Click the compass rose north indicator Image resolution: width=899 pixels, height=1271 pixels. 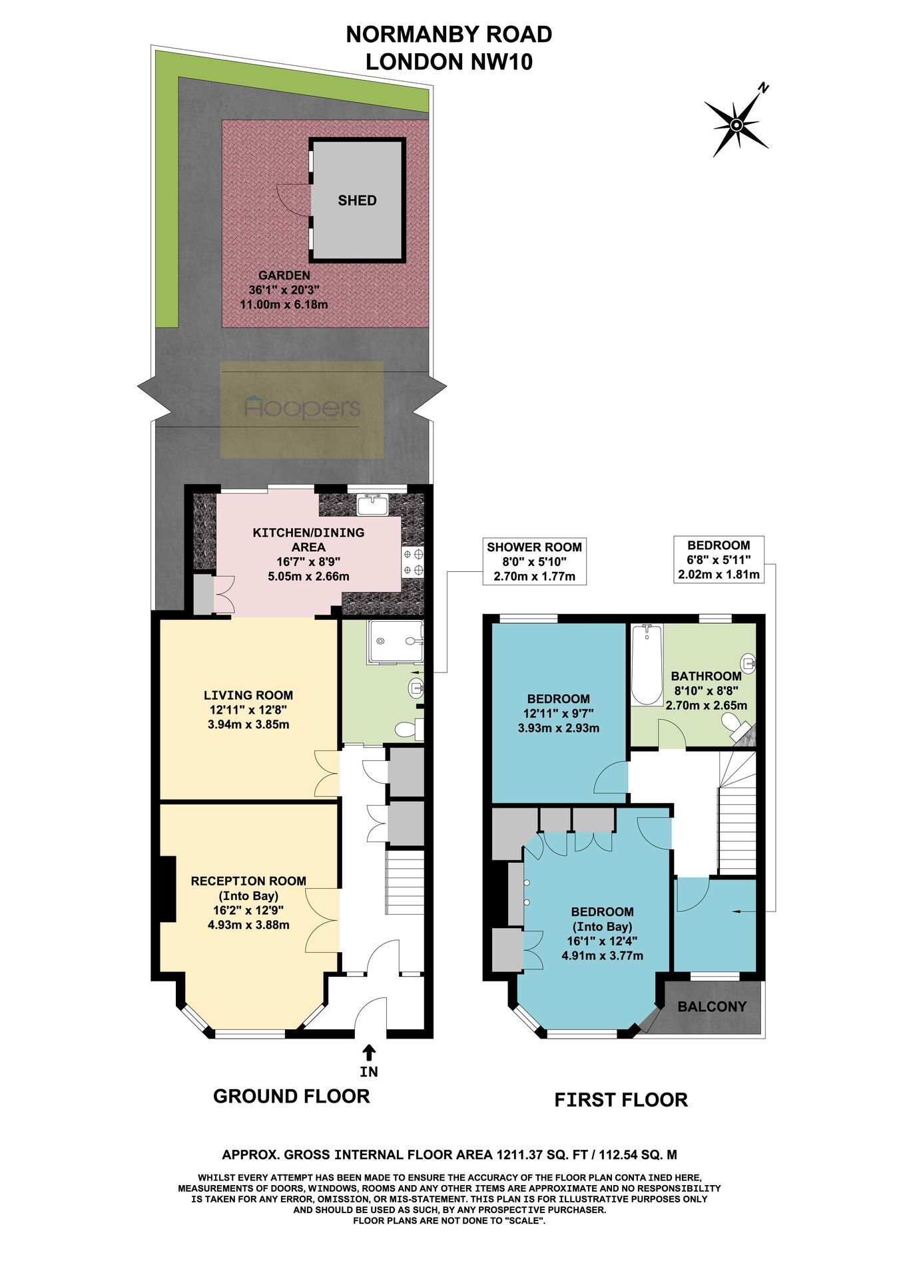[737, 124]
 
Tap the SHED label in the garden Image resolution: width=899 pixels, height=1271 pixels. [357, 200]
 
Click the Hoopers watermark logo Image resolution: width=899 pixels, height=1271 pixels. [302, 409]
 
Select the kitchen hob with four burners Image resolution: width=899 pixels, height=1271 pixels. [413, 561]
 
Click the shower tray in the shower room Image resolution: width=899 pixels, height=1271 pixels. [396, 642]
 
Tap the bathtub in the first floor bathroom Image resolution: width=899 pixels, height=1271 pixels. [647, 664]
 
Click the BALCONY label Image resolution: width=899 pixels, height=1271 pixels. [712, 1007]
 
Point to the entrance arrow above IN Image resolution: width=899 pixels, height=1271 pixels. [368, 1051]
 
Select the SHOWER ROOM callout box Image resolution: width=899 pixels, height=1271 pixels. [534, 561]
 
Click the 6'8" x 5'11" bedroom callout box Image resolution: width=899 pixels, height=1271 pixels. [719, 559]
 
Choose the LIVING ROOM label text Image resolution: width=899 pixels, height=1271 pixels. [248, 695]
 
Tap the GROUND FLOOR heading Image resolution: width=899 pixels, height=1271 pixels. [291, 1096]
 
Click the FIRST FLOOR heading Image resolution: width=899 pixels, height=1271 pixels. [621, 1100]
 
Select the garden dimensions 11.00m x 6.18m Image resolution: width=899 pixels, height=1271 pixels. [284, 304]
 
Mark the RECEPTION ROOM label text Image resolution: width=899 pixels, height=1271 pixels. [248, 881]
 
